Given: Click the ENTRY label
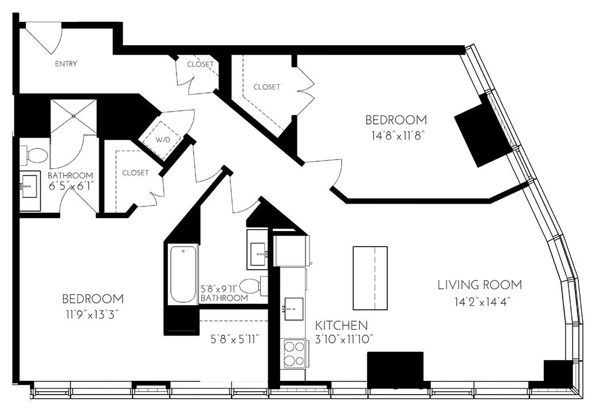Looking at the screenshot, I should tap(66, 64).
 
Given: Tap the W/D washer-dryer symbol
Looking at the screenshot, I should tap(162, 138).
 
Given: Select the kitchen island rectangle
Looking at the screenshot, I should tap(370, 278).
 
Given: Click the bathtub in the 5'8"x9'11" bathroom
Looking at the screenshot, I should tap(183, 274).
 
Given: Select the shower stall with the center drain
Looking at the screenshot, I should tap(73, 116).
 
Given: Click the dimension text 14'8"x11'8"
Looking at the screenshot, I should tap(396, 136).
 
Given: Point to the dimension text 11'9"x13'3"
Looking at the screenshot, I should tap(93, 314).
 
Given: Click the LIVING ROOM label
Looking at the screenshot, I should tap(480, 285).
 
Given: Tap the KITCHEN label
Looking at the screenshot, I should tap(342, 325).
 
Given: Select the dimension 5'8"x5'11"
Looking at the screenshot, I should tap(236, 339).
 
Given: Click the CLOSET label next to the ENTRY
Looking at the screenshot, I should tap(200, 64).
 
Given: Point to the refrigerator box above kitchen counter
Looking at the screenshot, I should tap(291, 251).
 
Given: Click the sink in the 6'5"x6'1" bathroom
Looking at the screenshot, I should tap(29, 186).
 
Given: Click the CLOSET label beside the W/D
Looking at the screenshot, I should tap(135, 173).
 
